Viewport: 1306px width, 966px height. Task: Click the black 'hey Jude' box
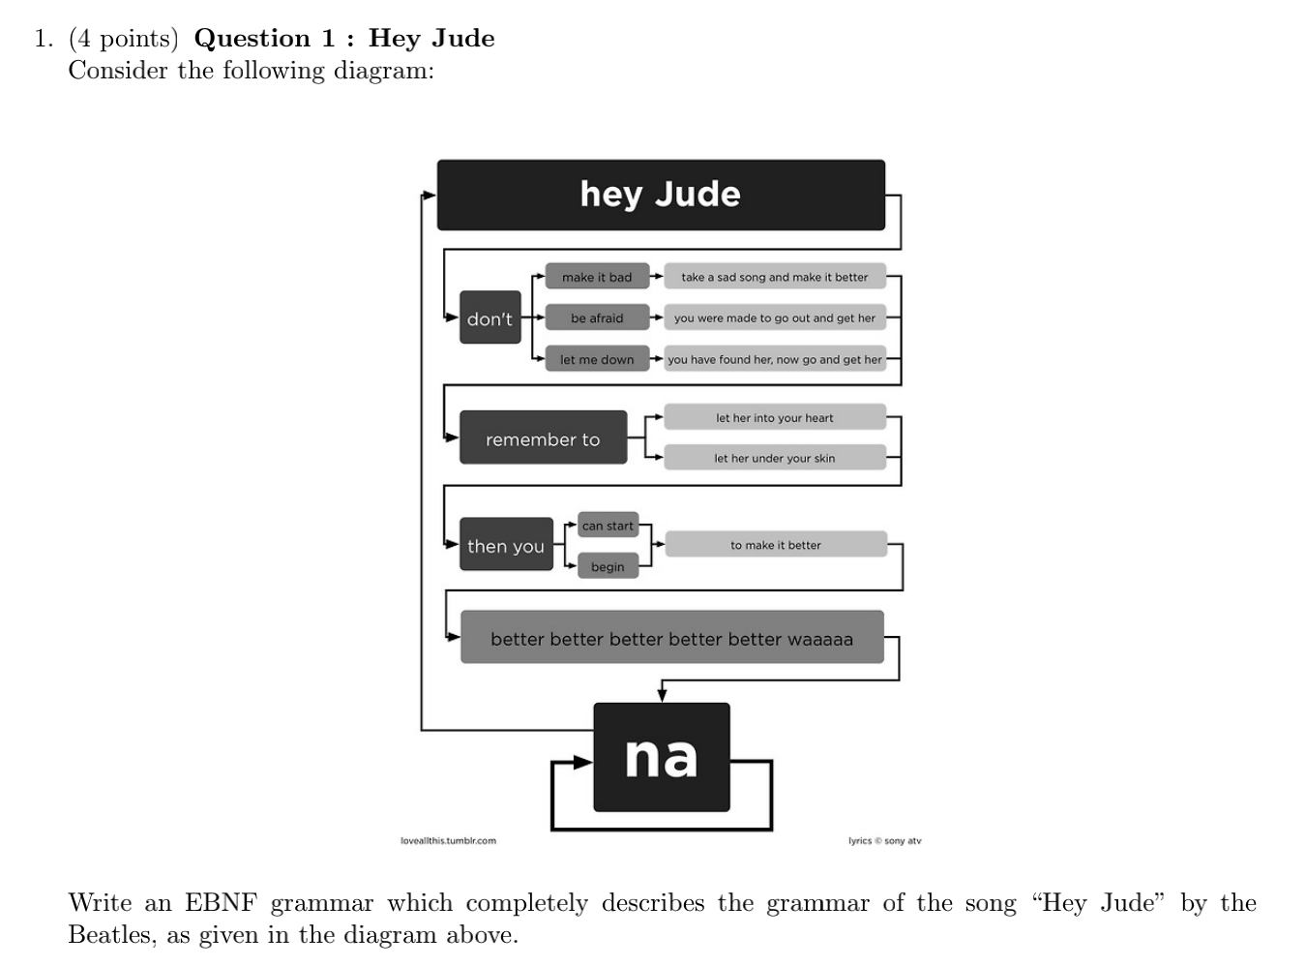tap(661, 195)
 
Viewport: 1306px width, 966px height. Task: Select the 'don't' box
tap(490, 317)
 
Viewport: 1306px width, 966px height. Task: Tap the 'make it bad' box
tap(597, 277)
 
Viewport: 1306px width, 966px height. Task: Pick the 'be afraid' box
tap(597, 317)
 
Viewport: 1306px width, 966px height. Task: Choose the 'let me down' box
tap(597, 359)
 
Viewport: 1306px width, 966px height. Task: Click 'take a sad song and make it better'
tap(775, 277)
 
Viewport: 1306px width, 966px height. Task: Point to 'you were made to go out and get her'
tap(775, 317)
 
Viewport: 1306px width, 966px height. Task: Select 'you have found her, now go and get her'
tap(775, 359)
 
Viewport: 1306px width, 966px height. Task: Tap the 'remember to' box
tap(543, 438)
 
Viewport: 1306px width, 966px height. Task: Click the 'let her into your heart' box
tap(775, 417)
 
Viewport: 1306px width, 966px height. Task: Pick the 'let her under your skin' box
tap(775, 458)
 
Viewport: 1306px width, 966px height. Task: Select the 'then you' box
tap(506, 545)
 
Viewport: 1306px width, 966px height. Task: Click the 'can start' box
tap(608, 526)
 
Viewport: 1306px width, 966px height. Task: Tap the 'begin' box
tap(608, 566)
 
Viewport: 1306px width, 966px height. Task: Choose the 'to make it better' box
tap(776, 545)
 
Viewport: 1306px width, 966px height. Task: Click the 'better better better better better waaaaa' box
tap(672, 638)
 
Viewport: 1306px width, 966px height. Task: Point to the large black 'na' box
tap(662, 757)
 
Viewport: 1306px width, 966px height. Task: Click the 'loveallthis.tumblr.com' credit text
tap(448, 840)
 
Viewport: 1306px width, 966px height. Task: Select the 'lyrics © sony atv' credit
tap(884, 840)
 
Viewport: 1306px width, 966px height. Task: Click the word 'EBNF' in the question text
tap(221, 903)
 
